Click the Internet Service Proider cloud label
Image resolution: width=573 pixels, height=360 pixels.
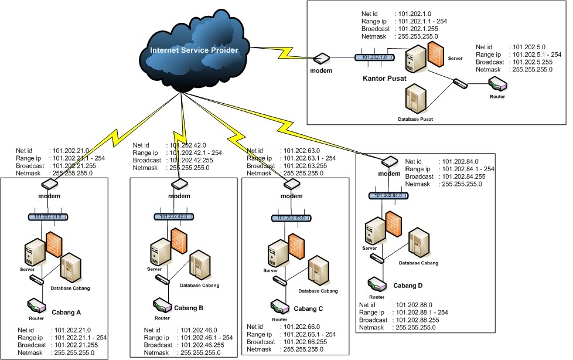point(194,50)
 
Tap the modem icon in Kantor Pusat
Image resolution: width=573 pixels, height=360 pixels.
point(322,59)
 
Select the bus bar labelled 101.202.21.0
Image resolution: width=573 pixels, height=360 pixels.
point(49,216)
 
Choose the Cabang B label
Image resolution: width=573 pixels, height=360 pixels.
point(189,307)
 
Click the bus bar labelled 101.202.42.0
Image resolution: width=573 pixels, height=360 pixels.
point(175,216)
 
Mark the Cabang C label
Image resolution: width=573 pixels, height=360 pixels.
point(308,309)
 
